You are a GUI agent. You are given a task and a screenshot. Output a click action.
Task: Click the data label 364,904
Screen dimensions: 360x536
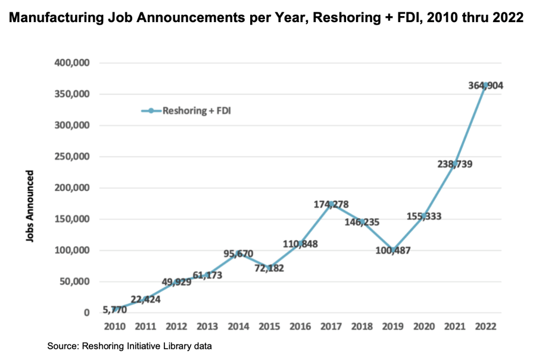point(485,86)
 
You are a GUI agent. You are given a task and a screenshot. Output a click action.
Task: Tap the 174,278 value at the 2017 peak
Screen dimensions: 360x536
point(331,204)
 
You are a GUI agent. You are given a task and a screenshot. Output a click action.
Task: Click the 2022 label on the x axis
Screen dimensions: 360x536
point(485,327)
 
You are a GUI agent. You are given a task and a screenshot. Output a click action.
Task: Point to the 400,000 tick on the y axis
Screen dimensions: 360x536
point(71,63)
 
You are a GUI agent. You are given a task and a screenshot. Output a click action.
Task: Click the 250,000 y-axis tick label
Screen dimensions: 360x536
point(71,157)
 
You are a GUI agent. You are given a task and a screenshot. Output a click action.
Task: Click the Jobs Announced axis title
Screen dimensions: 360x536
point(29,206)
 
